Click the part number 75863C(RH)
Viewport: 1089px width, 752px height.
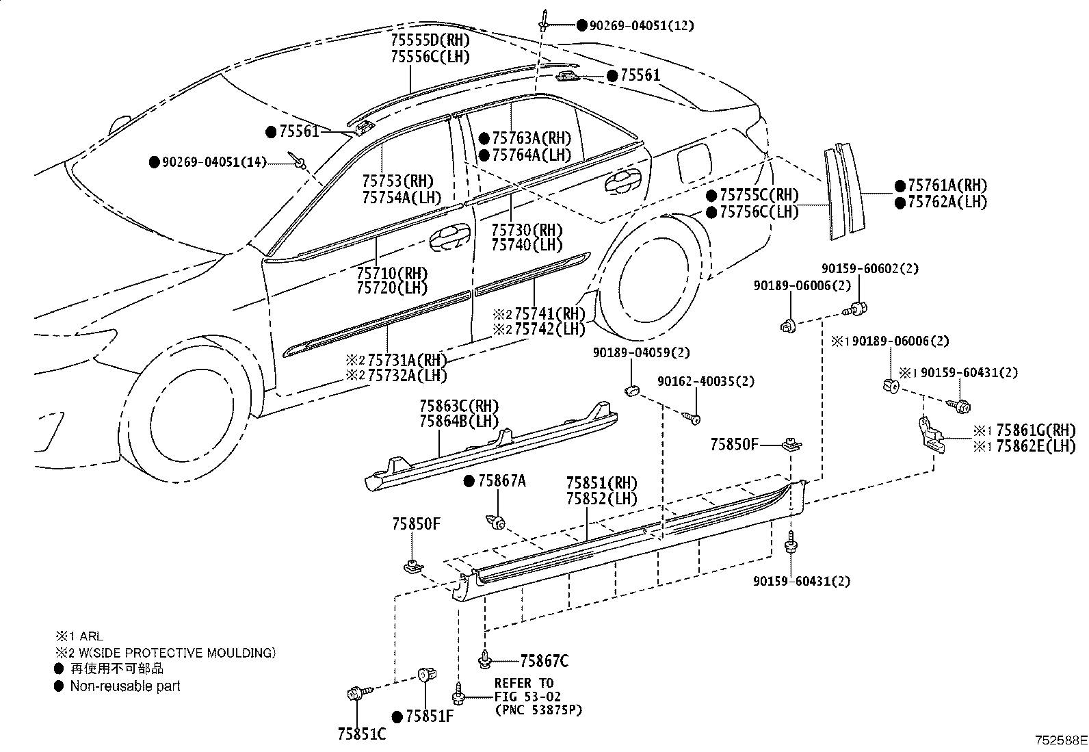point(459,406)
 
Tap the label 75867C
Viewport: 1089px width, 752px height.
point(544,661)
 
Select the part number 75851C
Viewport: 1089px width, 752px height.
point(362,734)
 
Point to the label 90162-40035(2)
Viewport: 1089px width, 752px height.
point(706,381)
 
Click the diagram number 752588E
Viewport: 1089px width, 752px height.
point(1061,740)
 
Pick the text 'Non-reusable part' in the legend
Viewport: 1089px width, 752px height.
point(125,686)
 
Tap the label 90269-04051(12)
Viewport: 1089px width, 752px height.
point(642,25)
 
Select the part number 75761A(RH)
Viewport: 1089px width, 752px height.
point(947,185)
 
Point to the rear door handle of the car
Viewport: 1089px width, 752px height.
point(625,182)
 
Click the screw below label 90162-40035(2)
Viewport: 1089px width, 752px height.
point(691,418)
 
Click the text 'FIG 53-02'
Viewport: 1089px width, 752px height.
point(527,696)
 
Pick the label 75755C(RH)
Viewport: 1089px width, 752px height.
point(759,195)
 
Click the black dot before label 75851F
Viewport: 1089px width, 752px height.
point(397,716)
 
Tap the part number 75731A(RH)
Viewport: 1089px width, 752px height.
point(407,360)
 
